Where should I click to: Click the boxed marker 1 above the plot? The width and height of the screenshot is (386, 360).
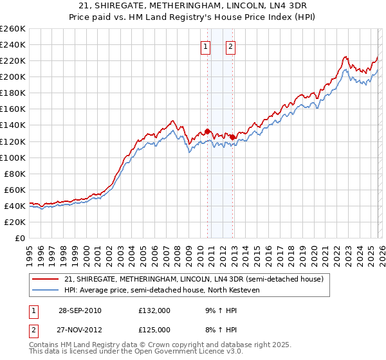[x=205, y=46]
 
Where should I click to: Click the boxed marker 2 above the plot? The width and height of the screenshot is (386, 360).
[x=230, y=46]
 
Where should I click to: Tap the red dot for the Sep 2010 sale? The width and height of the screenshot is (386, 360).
[x=208, y=131]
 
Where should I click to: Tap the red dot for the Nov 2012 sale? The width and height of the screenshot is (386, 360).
[x=232, y=137]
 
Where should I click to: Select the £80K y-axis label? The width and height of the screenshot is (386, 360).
[x=15, y=174]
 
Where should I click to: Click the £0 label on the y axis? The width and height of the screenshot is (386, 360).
[x=20, y=238]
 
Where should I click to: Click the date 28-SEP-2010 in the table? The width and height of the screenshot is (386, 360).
[x=80, y=310]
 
